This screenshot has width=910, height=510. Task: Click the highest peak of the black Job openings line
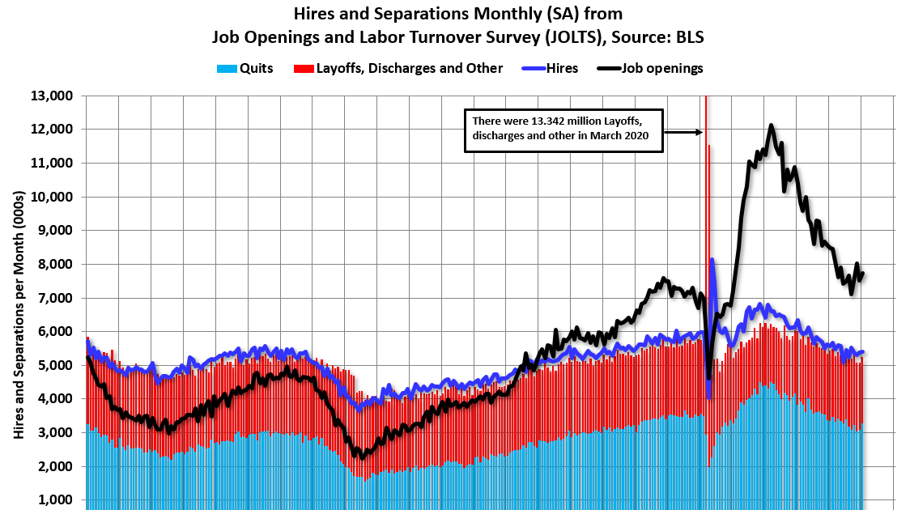point(771,125)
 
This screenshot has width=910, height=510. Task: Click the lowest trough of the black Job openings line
point(361,457)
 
